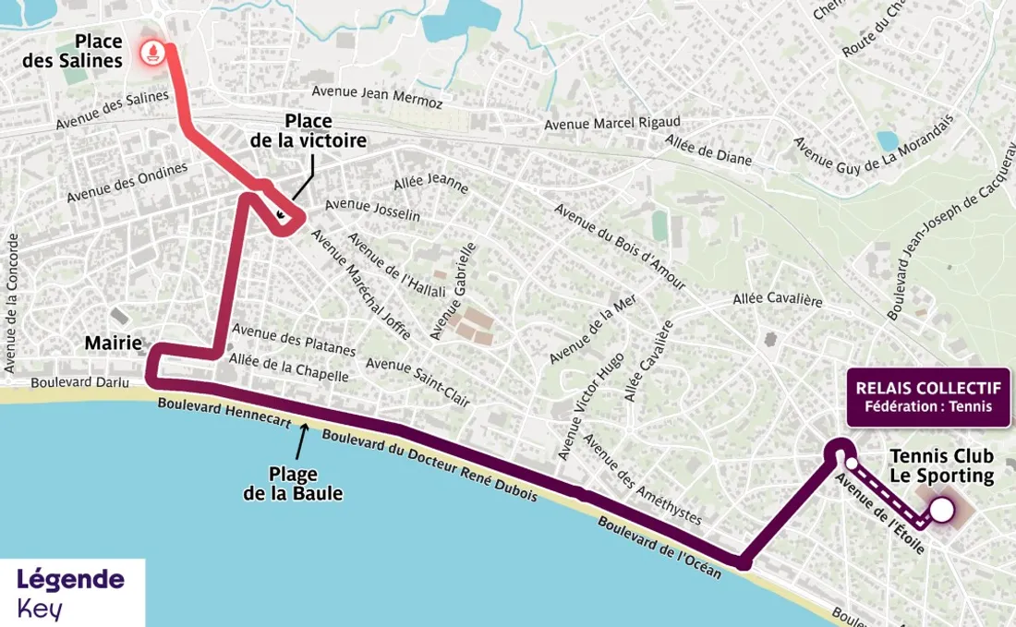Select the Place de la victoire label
308,130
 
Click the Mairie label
113,344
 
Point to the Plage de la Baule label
293,484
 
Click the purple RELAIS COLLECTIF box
929,397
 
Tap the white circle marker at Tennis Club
941,510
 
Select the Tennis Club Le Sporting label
941,466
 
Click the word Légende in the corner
70,579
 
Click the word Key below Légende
40,608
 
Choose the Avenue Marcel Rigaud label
611,123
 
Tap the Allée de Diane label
708,150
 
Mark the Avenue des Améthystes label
641,478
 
